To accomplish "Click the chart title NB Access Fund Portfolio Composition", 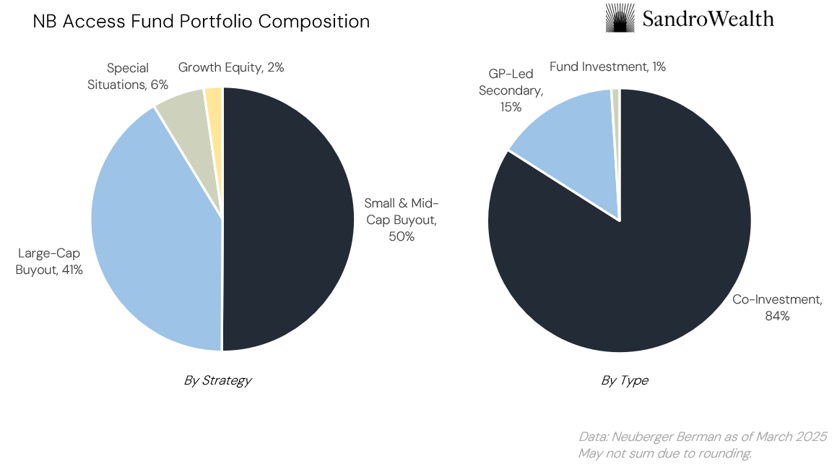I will (x=201, y=22).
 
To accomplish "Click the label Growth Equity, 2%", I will (x=231, y=67).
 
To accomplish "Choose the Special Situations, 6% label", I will (x=137, y=76).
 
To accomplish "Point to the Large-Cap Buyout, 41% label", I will (x=49, y=262).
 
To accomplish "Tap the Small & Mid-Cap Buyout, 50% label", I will (x=402, y=219).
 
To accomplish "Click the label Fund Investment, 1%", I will (x=607, y=67).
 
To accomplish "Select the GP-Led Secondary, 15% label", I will (x=511, y=90).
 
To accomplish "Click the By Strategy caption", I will (x=217, y=380).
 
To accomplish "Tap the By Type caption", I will (x=625, y=380).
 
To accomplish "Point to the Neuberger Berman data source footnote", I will (x=702, y=437).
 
